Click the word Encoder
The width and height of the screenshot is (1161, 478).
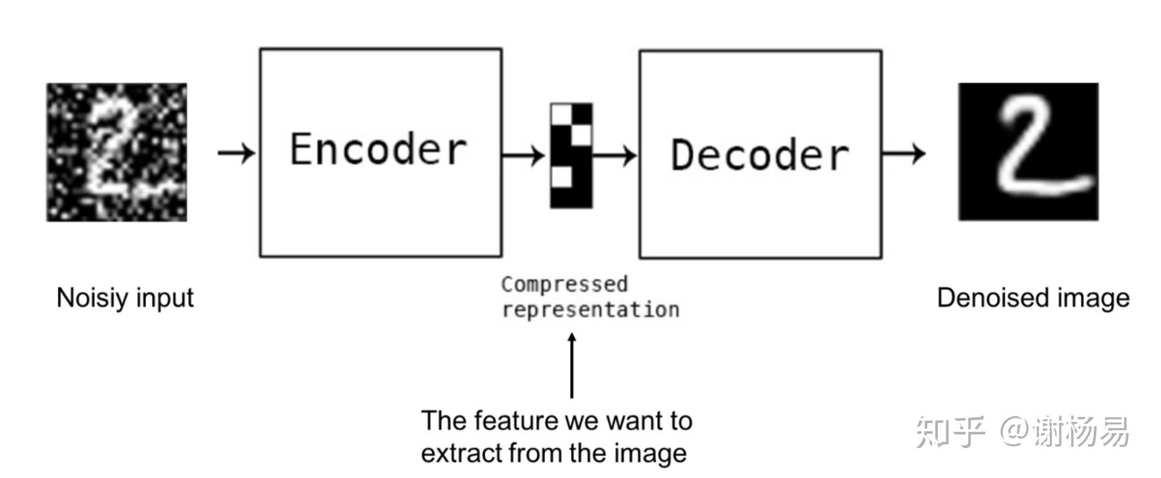(x=378, y=149)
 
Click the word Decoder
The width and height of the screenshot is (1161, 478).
(x=759, y=154)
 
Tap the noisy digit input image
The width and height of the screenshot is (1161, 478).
(x=117, y=152)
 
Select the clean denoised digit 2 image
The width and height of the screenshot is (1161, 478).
(x=1028, y=152)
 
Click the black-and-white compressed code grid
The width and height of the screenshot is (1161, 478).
(x=571, y=155)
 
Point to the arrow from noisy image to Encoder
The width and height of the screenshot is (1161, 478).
(x=236, y=152)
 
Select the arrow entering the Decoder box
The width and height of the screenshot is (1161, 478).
(x=615, y=155)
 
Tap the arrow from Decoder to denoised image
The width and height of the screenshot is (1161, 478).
(x=903, y=153)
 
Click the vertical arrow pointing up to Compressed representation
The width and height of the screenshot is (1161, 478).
(x=572, y=365)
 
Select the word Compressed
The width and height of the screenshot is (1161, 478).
(x=564, y=285)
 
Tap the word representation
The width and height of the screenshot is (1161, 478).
(x=590, y=310)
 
